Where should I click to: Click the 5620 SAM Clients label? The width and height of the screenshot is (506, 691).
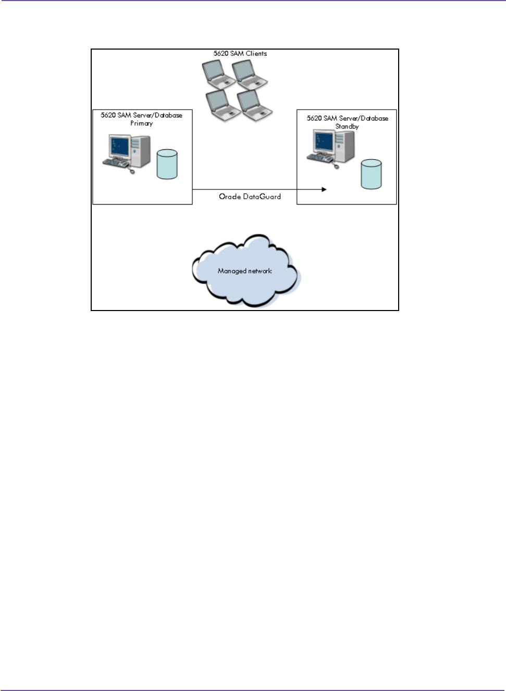tap(240, 53)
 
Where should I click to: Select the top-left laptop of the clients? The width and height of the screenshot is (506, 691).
tap(218, 74)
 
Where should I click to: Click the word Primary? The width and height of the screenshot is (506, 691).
tap(141, 124)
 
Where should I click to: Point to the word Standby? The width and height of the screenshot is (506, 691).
tap(347, 127)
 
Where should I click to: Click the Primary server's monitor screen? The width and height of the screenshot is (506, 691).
tap(119, 146)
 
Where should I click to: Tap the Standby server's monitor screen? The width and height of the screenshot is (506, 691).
tap(324, 141)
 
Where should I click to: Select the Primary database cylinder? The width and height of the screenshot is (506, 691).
tap(167, 164)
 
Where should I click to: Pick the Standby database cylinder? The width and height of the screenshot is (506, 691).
tap(371, 174)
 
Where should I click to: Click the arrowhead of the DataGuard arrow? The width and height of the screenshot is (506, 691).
tap(324, 189)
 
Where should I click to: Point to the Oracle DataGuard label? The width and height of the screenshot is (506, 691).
tap(250, 197)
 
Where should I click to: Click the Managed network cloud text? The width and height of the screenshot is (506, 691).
tap(245, 271)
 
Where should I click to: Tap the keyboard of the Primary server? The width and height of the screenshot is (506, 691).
tap(115, 163)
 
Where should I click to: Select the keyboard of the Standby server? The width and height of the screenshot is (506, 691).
tap(319, 158)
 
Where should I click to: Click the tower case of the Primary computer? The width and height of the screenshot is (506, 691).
tap(141, 151)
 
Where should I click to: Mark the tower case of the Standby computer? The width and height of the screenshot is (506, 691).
tap(344, 146)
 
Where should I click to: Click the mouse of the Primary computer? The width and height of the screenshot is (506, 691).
tap(132, 171)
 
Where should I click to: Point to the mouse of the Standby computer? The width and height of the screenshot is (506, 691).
tap(336, 166)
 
